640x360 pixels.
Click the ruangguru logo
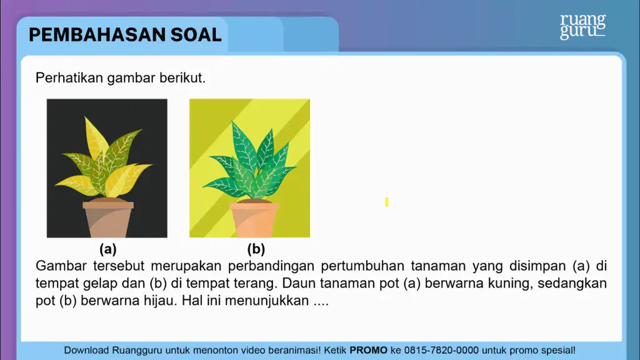click(x=582, y=27)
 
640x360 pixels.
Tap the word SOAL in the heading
click(x=196, y=35)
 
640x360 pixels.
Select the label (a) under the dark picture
click(x=107, y=249)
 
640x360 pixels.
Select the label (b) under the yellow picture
click(x=256, y=249)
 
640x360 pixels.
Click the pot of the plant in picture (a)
click(x=108, y=218)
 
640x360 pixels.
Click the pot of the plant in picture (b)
click(x=254, y=219)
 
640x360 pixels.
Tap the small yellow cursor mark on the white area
click(x=386, y=202)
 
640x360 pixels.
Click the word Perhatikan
click(x=69, y=77)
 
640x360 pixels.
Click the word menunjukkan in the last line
click(x=266, y=301)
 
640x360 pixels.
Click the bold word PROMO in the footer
click(x=368, y=350)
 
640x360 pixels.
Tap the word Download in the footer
click(x=86, y=350)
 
